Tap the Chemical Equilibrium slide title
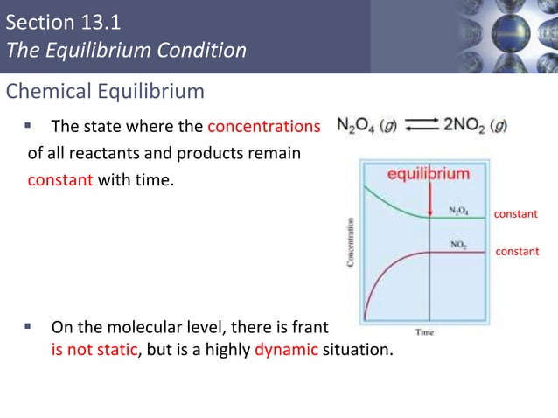point(106,91)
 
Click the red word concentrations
point(263,127)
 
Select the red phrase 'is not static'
point(91,351)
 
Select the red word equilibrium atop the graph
point(429,173)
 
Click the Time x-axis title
point(424,332)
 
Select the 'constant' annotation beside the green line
point(516,213)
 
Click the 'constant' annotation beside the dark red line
point(518,251)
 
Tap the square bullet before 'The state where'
point(28,127)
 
